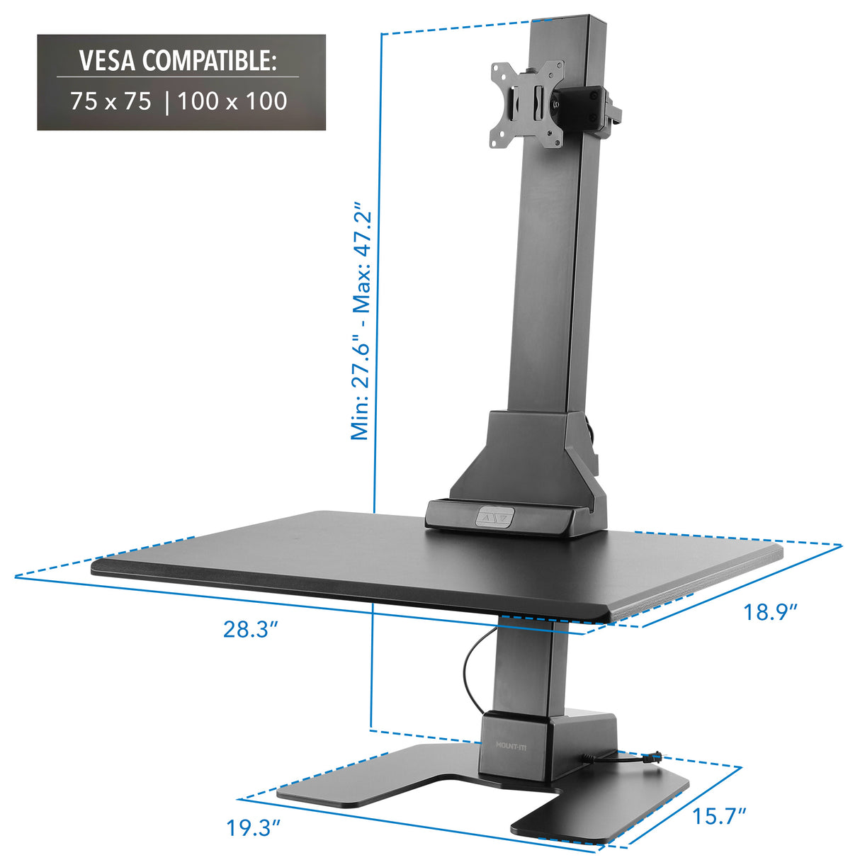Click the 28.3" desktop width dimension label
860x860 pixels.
click(249, 629)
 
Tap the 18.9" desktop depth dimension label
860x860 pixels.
click(771, 611)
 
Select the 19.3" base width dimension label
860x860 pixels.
click(254, 827)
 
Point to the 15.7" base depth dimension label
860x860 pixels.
click(720, 816)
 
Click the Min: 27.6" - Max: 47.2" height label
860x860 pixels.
click(362, 322)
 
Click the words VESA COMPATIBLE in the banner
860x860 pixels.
click(177, 61)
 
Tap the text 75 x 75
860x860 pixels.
click(111, 101)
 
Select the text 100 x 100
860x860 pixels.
click(232, 101)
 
